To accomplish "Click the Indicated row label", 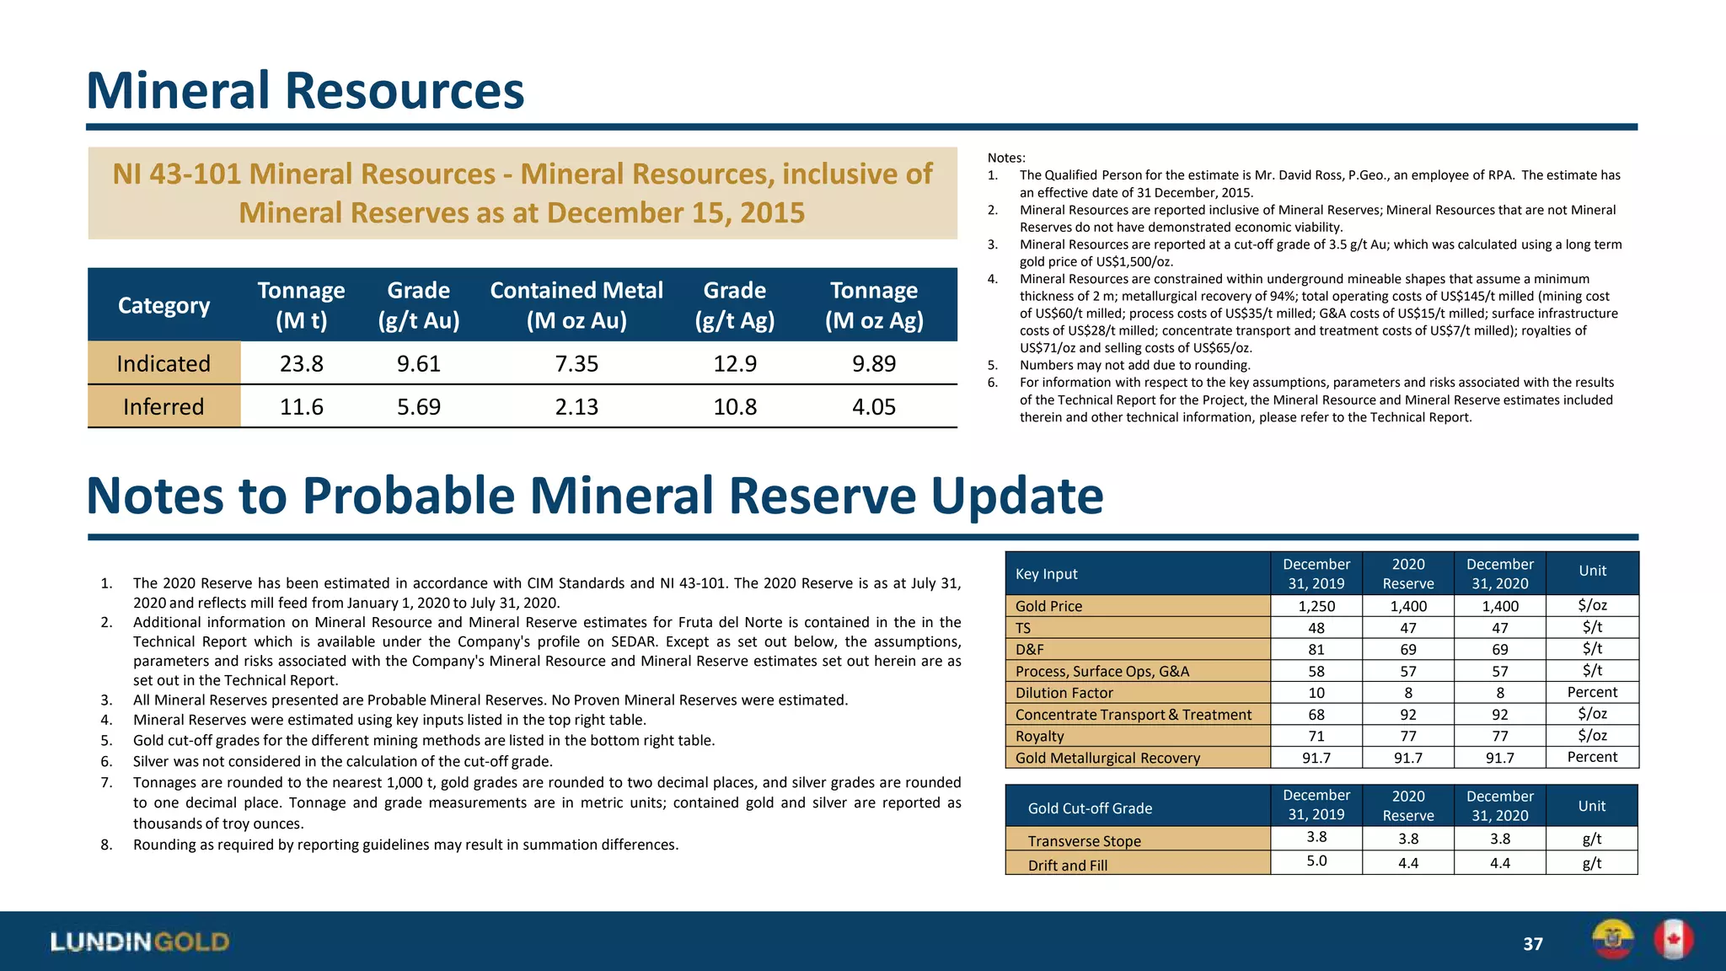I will coord(163,363).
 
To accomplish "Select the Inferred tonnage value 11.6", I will coord(301,406).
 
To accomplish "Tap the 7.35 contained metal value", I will coord(576,363).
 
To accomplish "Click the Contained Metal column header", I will coord(576,304).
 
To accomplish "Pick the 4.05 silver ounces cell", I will coord(873,406).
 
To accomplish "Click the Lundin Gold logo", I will coord(140,941).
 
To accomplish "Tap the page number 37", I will coord(1532,944).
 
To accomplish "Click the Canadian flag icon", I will coord(1673,940).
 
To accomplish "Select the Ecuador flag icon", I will coord(1612,940).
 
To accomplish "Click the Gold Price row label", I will coord(1048,606).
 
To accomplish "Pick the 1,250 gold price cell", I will coord(1316,606).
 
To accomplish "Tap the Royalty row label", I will coord(1039,736).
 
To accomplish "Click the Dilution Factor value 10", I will coord(1316,693).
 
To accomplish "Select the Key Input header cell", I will coord(1046,574).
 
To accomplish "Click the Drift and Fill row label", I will coord(1067,865).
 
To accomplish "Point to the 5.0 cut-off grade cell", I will coord(1316,861).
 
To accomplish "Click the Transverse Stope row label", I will coord(1084,840).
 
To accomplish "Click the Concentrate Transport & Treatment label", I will coord(1133,715).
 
